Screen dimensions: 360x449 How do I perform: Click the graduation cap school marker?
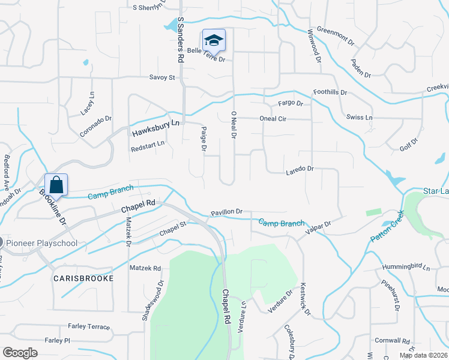pos(213,40)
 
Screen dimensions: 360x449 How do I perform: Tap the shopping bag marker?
pos(56,185)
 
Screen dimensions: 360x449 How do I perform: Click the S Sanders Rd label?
pos(179,40)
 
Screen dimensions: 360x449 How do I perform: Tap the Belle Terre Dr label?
pos(206,55)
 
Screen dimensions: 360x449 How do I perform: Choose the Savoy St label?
pos(161,77)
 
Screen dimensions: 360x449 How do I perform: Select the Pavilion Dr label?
pos(226,212)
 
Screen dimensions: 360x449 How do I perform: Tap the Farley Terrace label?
pos(89,326)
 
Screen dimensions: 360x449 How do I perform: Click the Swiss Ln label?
pos(360,117)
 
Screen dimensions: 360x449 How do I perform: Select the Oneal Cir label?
pos(273,119)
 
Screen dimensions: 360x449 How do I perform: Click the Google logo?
pos(20,352)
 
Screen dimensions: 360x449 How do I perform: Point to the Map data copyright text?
pos(423,355)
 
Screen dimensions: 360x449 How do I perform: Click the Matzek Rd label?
pos(145,268)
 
